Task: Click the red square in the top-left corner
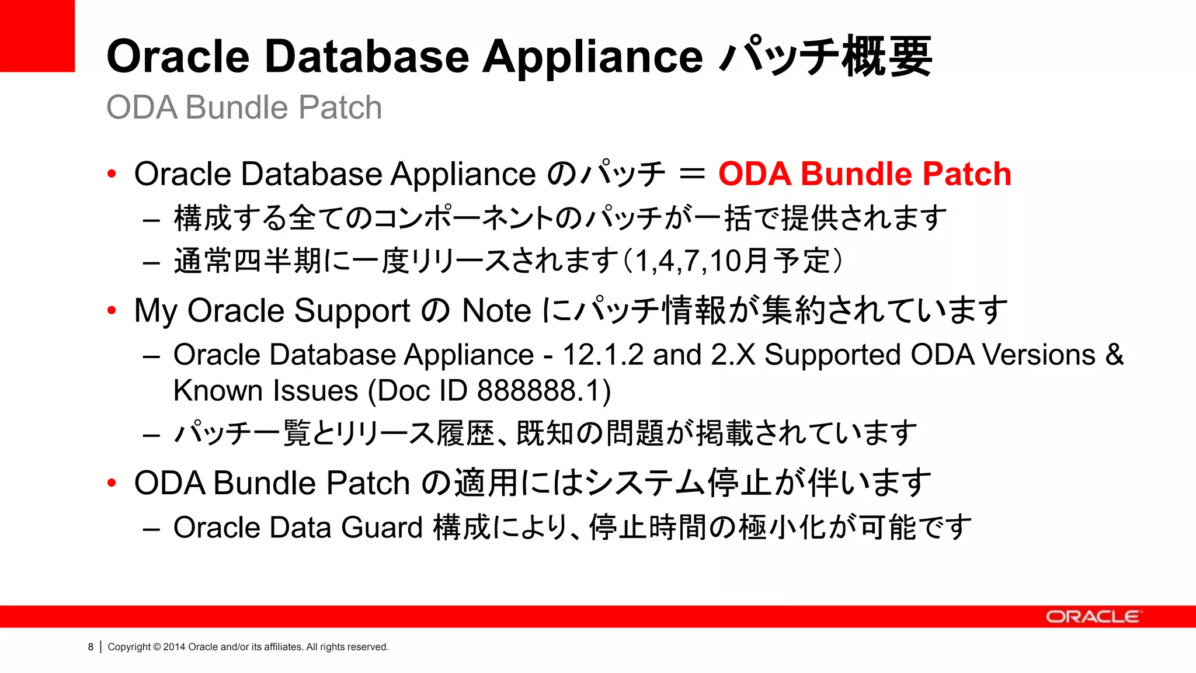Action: pos(37,35)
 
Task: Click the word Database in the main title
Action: pos(366,57)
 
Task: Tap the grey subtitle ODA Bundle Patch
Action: pos(244,107)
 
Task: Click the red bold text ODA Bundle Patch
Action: pos(864,174)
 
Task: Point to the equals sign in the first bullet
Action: pos(692,174)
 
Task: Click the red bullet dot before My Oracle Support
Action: pos(112,310)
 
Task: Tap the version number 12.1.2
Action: pos(603,355)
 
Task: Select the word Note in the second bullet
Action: pos(496,310)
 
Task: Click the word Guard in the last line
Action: pos(381,528)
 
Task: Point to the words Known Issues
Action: pos(266,391)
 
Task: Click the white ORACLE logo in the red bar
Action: pos(1093,617)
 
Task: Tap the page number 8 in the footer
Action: pos(91,647)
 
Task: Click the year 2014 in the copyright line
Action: pos(174,647)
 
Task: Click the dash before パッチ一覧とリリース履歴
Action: pos(151,435)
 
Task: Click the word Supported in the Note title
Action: pos(832,355)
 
